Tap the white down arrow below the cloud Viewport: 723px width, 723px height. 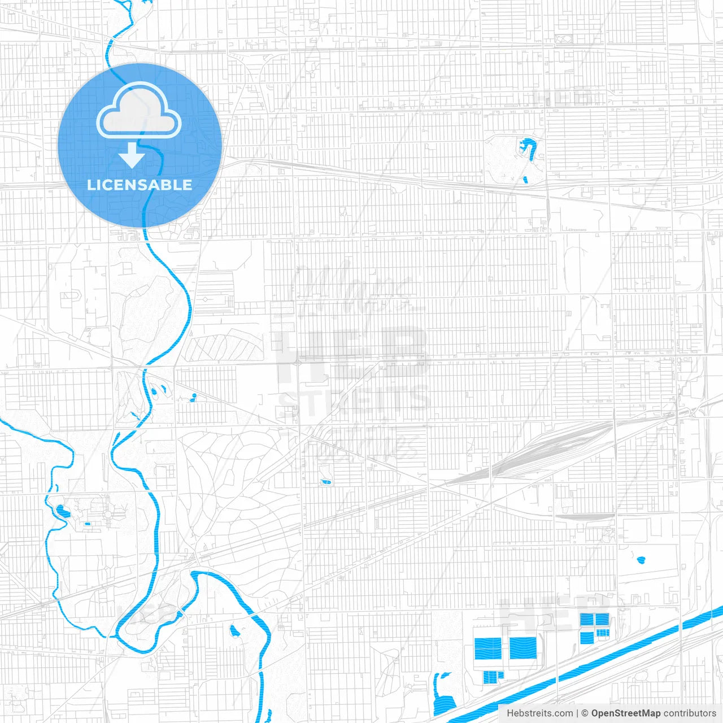(x=132, y=155)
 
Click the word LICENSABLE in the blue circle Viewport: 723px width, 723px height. (x=140, y=185)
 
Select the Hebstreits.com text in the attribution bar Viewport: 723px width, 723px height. (x=539, y=713)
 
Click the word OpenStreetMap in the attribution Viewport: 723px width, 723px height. (x=625, y=713)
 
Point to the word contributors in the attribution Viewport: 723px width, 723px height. (x=690, y=713)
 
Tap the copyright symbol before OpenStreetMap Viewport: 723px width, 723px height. (x=585, y=713)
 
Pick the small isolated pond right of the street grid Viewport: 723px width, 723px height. (x=641, y=560)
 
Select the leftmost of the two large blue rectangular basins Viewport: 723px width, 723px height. (x=488, y=648)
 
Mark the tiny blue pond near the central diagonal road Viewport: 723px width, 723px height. (x=326, y=482)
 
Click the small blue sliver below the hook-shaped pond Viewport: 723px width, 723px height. (x=525, y=180)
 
